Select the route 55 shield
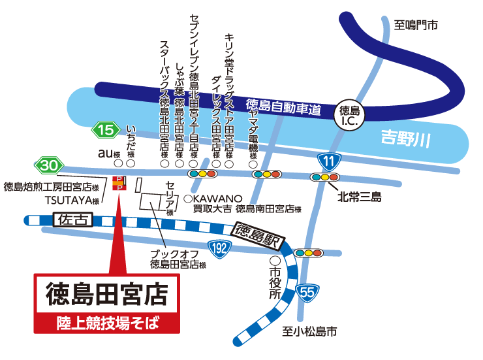pyautogui.click(x=307, y=292)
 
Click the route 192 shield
pyautogui.click(x=221, y=248)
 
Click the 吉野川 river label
pyautogui.click(x=405, y=139)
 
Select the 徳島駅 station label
pyautogui.click(x=257, y=236)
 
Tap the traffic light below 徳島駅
pyautogui.click(x=309, y=252)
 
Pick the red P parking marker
pyautogui.click(x=119, y=183)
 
